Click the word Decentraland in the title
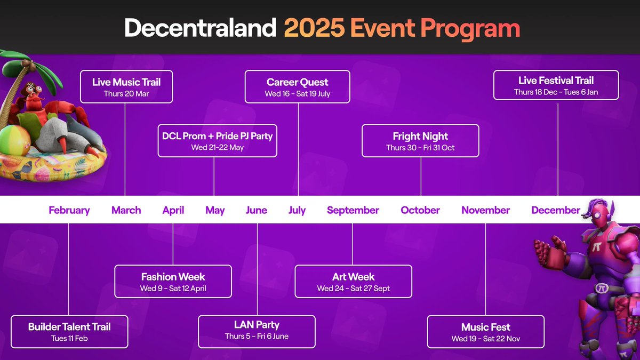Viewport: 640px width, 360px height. coord(201,27)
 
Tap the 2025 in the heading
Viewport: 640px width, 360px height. coord(314,28)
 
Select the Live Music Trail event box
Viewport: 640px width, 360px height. coord(126,86)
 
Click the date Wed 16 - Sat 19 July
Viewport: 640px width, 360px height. coord(298,94)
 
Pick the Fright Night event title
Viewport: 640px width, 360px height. coord(420,137)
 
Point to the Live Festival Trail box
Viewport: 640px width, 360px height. coord(556,85)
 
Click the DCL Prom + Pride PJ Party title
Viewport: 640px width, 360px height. coord(218,136)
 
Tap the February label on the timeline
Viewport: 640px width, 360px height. coord(69,210)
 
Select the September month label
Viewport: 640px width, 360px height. coord(353,210)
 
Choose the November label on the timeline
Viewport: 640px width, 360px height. coord(485,210)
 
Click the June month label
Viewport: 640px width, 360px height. coord(257,210)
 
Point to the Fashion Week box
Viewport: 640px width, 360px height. coord(173,282)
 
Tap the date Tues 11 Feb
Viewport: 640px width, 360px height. coord(69,339)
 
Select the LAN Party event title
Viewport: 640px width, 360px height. coord(257,325)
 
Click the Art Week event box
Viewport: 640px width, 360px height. coord(354,282)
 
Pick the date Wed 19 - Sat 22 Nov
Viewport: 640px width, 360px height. coord(486,339)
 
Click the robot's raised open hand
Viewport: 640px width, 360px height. coord(549,251)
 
